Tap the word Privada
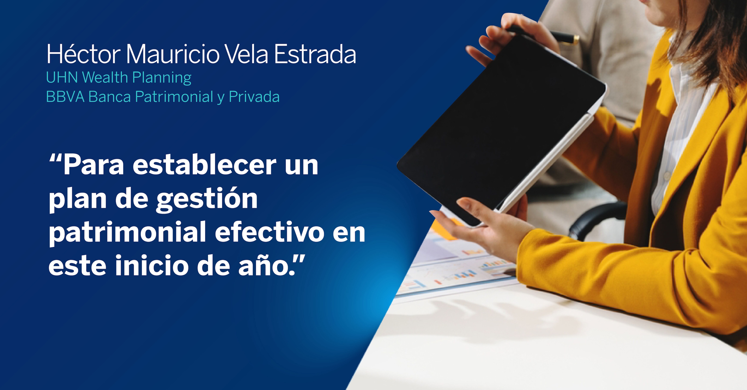[254, 97]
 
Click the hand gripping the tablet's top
[510, 38]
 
